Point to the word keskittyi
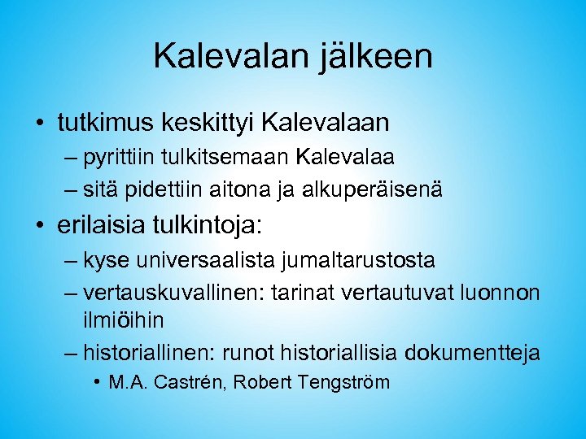click(x=212, y=123)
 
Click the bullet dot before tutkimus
click(x=39, y=124)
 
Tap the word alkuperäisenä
click(x=374, y=189)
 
